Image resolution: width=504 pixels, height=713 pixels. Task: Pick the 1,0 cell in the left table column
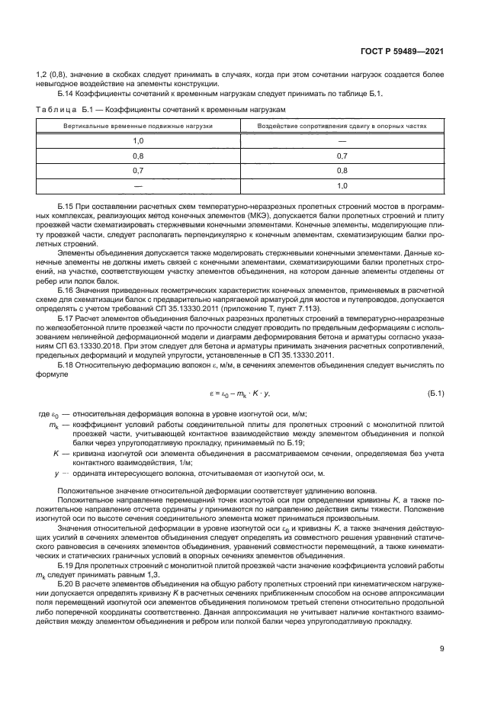138,141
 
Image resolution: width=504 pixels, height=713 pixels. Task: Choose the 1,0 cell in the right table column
342,185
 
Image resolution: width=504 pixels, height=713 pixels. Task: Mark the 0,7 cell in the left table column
138,171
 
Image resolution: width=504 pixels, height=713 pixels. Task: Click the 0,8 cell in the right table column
342,171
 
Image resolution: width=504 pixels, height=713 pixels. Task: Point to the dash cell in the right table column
342,141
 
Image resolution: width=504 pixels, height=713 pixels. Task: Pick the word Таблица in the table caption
55,110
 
